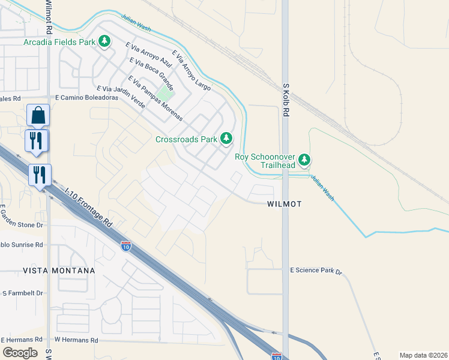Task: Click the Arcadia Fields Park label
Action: coord(59,42)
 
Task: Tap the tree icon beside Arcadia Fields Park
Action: coord(105,41)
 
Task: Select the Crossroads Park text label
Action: coord(186,139)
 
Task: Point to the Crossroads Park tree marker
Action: coord(226,139)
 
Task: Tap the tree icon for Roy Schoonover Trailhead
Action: coord(305,160)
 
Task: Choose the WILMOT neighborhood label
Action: coord(283,204)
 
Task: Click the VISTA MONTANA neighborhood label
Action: coord(59,271)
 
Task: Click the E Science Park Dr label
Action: coord(316,271)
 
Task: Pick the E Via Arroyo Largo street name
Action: coord(191,70)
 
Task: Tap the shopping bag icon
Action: coord(38,115)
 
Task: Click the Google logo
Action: coord(20,352)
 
